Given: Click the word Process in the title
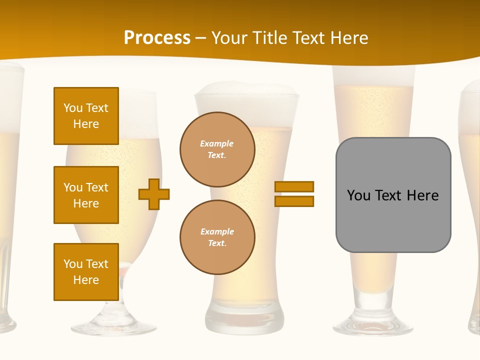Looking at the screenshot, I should click(157, 38).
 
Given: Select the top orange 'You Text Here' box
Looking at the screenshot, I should click(86, 116).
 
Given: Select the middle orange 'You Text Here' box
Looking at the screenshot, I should click(86, 195).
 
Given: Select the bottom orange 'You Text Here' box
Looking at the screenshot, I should click(86, 271).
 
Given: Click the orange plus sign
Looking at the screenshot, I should click(154, 194).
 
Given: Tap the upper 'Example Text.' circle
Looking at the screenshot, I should click(217, 149).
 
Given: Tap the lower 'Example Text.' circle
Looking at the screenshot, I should click(217, 237).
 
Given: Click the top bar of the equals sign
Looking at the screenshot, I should click(294, 186).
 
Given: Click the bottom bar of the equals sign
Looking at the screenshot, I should click(294, 201).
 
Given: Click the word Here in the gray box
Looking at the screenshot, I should click(422, 195).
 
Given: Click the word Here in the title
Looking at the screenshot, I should click(348, 38).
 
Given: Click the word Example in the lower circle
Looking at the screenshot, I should click(217, 231).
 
